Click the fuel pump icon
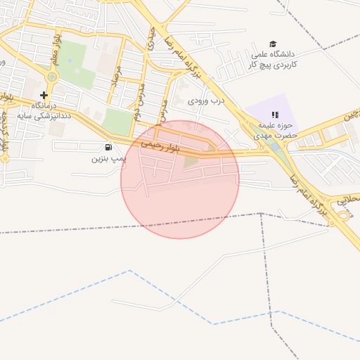point(108,147)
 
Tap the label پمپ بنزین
point(108,158)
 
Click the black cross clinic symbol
point(44,95)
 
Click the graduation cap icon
point(273,44)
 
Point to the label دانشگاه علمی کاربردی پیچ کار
point(274,59)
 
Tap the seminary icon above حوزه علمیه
point(276,115)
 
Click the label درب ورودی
point(205,100)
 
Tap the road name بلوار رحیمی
point(161,146)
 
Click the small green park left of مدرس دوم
point(117,122)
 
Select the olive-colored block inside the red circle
point(191,162)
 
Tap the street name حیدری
point(150,39)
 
